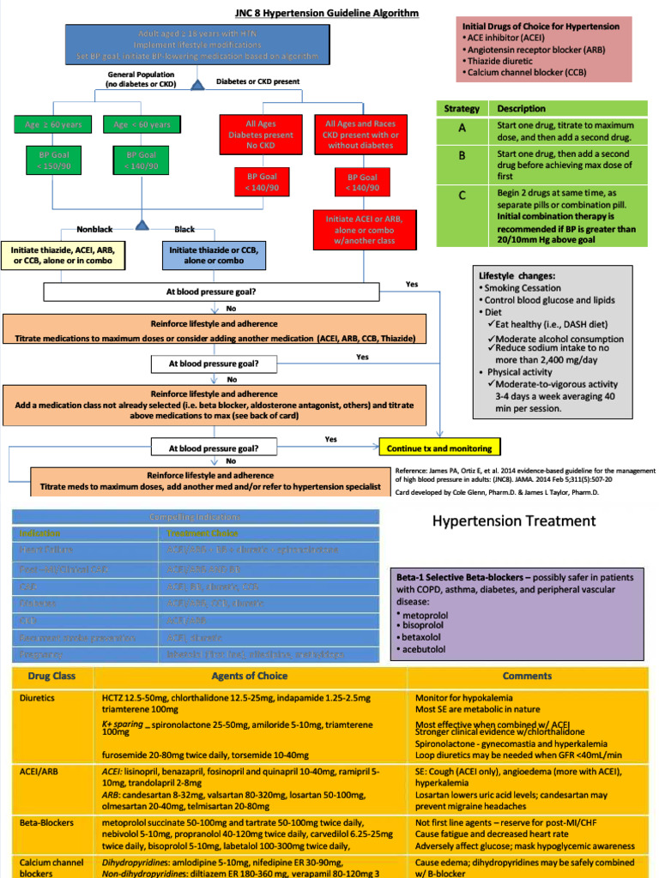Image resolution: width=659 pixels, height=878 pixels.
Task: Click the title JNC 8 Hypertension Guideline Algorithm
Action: (315, 13)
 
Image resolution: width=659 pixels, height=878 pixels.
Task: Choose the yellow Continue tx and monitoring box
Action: (438, 448)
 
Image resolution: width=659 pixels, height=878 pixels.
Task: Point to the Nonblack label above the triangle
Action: (94, 230)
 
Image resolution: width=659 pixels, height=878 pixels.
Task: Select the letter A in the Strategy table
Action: (462, 128)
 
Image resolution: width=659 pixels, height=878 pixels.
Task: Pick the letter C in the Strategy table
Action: (462, 195)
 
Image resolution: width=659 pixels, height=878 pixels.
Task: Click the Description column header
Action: (521, 109)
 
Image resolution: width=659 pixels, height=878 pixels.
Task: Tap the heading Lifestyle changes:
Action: (517, 276)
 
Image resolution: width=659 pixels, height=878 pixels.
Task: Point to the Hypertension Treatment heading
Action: (513, 520)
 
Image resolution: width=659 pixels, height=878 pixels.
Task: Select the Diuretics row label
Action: (37, 698)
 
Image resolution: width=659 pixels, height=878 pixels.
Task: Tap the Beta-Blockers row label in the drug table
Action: (46, 822)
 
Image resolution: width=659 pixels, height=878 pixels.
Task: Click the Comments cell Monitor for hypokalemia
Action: (468, 698)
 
